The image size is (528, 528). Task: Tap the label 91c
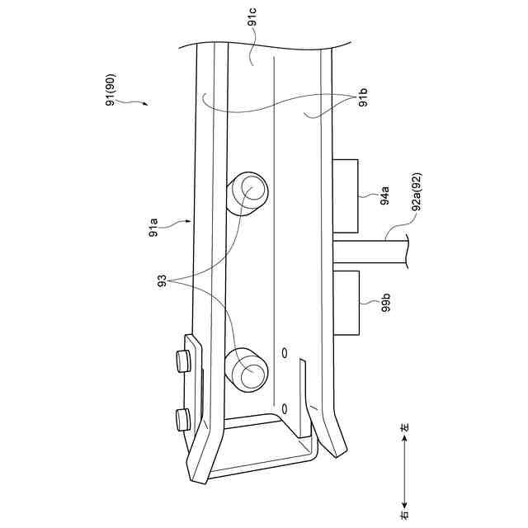(252, 16)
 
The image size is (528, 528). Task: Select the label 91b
(363, 97)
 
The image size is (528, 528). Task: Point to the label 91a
(153, 228)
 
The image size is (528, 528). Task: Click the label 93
(163, 281)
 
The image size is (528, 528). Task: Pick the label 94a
(384, 196)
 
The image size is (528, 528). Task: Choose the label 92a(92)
(417, 191)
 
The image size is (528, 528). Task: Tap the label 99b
(386, 302)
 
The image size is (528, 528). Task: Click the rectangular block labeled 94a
(345, 196)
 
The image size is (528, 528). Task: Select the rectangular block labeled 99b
(346, 303)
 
